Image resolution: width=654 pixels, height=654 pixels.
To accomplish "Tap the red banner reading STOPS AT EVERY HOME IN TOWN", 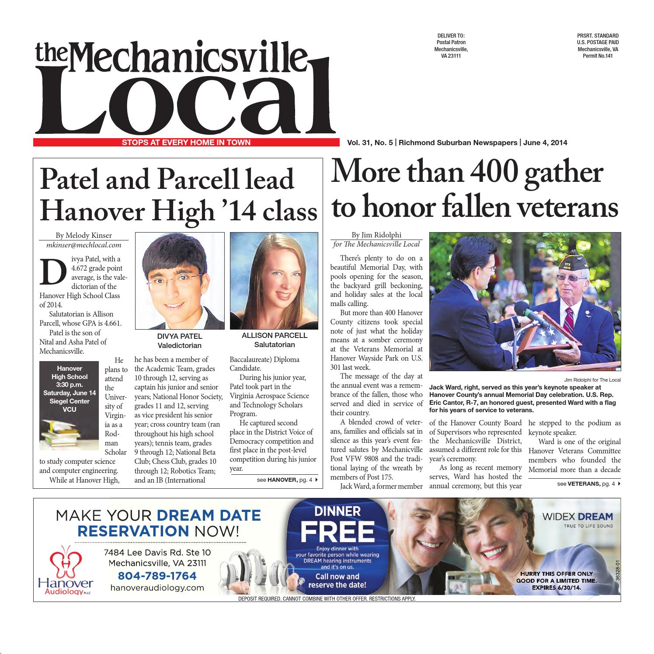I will coord(186,142).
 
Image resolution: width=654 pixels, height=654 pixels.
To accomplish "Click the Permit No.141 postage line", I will coord(598,56).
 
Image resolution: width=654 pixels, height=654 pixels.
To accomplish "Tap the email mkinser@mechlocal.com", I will coord(84,245).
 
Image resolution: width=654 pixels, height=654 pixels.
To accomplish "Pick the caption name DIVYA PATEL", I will coord(179,336).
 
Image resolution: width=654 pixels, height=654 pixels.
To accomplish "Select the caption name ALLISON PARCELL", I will coord(275,336).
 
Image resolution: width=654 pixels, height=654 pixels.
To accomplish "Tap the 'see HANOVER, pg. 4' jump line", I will coord(287,480).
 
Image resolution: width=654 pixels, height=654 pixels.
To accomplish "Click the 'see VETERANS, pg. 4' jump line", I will coord(588,484).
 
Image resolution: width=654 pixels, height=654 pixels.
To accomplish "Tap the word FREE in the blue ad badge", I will coord(337,532).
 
